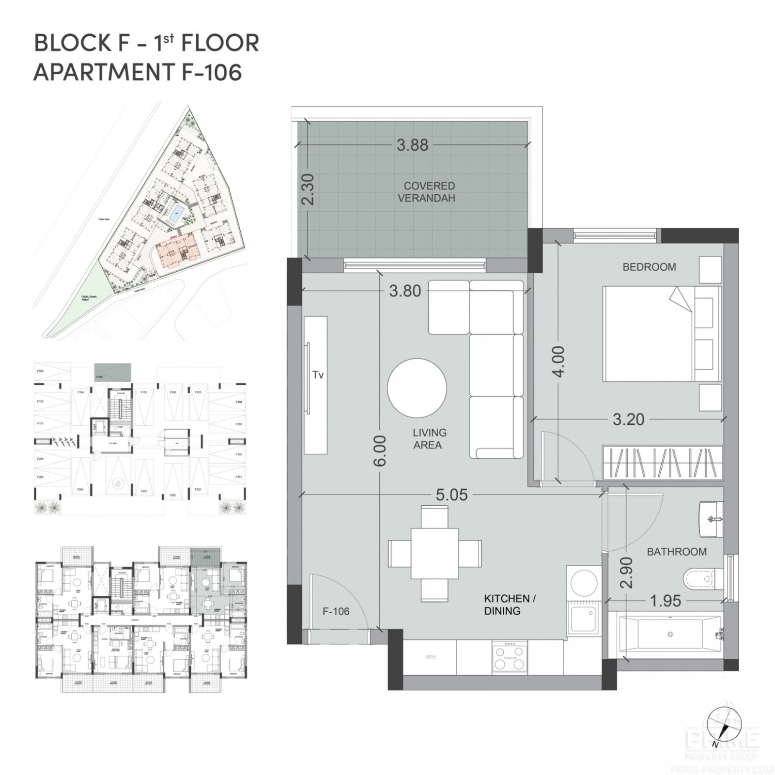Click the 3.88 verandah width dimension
tap(412, 145)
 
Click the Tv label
tap(317, 374)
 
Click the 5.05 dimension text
tap(451, 495)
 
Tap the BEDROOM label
tap(649, 267)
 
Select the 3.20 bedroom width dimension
tap(628, 419)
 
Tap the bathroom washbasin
tap(711, 519)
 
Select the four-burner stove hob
tap(510, 656)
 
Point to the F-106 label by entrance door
tap(336, 611)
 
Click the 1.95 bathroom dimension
tap(665, 601)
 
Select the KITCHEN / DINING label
tap(510, 604)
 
